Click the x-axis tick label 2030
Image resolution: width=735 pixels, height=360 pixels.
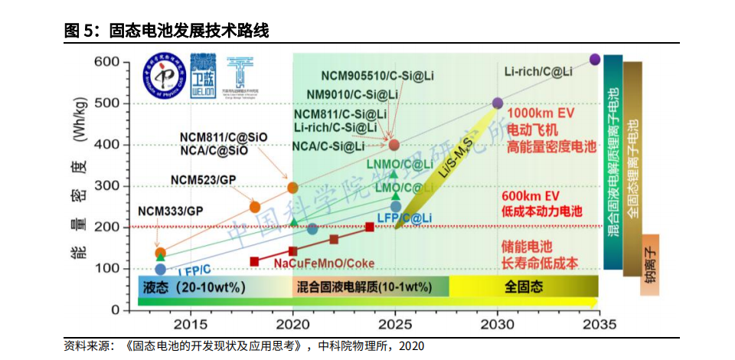point(498,325)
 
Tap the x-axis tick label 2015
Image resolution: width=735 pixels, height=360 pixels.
point(190,325)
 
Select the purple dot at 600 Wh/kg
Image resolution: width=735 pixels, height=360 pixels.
point(595,60)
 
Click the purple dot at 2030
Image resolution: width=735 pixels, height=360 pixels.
point(498,103)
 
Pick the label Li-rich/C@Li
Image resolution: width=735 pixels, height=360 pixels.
point(538,71)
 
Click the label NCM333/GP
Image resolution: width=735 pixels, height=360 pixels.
point(170,210)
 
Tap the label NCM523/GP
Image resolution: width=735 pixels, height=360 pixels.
point(202,179)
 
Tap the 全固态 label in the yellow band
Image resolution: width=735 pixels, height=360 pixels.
point(524,287)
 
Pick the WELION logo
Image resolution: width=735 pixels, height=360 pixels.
point(204,74)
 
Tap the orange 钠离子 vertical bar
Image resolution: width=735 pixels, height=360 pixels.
point(651,264)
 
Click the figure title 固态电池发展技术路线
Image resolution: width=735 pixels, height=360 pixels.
point(188,31)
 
